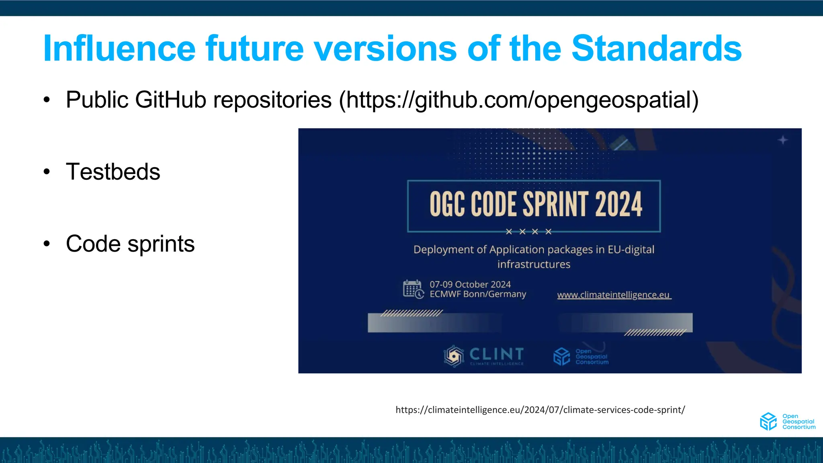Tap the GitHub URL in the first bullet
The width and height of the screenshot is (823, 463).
pyautogui.click(x=518, y=100)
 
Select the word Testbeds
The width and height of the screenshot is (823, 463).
pyautogui.click(x=113, y=172)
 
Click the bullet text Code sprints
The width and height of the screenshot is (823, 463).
pyautogui.click(x=130, y=244)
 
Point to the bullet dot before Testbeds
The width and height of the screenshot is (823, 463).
pyautogui.click(x=47, y=172)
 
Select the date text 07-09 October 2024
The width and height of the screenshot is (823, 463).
pyautogui.click(x=470, y=285)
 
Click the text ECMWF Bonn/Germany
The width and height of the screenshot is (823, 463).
pyautogui.click(x=478, y=294)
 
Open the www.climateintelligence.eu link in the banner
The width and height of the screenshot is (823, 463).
pyautogui.click(x=614, y=295)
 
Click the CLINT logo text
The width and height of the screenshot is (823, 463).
pyautogui.click(x=497, y=354)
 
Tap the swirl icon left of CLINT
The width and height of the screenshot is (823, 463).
pyautogui.click(x=454, y=356)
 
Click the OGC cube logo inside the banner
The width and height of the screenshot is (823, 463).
pyautogui.click(x=561, y=356)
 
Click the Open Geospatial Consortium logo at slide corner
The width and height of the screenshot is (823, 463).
pyautogui.click(x=787, y=421)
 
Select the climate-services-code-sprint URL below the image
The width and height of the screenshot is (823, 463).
pyautogui.click(x=540, y=410)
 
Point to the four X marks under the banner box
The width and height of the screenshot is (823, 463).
pyautogui.click(x=528, y=231)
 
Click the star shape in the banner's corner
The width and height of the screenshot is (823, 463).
pyautogui.click(x=782, y=140)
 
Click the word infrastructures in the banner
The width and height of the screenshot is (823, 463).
pyautogui.click(x=534, y=264)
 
